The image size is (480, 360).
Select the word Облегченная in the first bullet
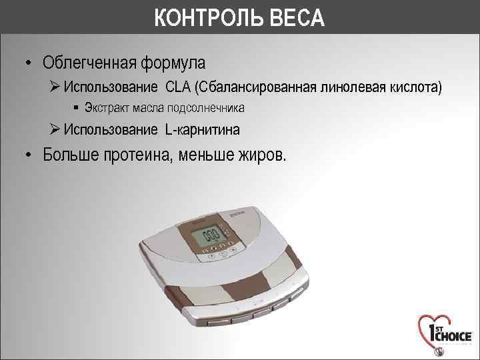coord(91,63)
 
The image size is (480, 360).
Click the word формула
coord(175,63)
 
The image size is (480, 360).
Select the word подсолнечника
coord(207,108)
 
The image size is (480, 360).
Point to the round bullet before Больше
coord(29,155)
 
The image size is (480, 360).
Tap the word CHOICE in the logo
coord(453,336)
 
